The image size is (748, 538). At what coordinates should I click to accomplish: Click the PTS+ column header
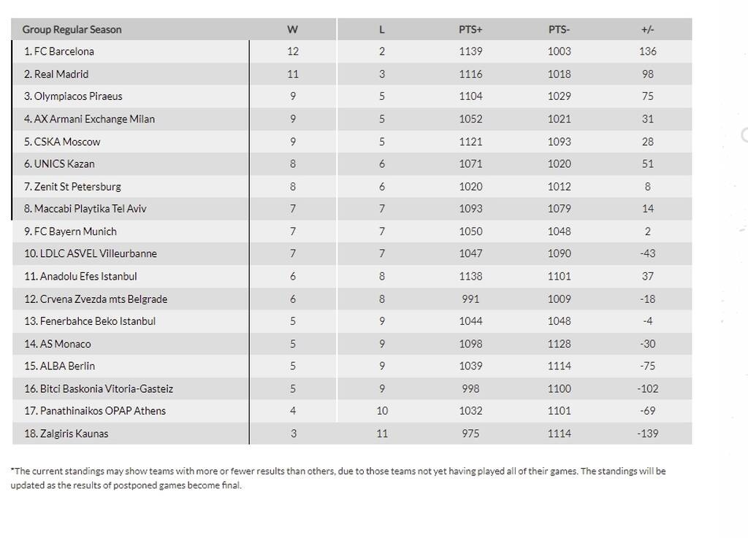(470, 29)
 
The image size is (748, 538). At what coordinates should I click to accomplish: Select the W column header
(292, 29)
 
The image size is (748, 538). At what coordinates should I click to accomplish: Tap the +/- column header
(647, 29)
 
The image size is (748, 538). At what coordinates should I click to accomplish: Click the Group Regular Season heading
(72, 29)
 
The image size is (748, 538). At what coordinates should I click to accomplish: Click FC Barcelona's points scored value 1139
(470, 52)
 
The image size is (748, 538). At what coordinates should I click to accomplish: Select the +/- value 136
(647, 52)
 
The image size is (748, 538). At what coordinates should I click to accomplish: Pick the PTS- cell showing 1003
(559, 52)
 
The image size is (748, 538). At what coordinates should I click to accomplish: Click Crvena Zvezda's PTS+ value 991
(470, 299)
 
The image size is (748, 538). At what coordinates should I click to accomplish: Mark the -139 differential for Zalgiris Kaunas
(647, 434)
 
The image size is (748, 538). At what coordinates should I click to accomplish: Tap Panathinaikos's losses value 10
(382, 411)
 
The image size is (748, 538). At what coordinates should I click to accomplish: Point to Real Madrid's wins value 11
(292, 74)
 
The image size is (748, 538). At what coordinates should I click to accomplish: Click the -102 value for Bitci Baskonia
(647, 388)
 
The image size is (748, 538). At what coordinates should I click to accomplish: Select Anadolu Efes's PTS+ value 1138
(470, 276)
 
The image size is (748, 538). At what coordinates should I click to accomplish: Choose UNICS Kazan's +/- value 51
(647, 164)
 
